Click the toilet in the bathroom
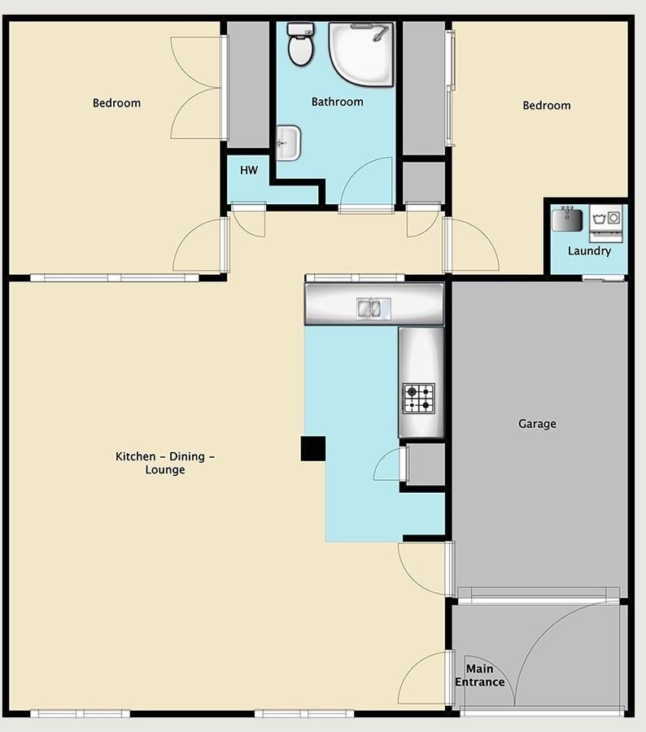point(300,45)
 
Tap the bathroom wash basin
point(288,143)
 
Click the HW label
point(249,171)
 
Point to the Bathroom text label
point(338,102)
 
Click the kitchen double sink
point(373,308)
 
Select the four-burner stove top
point(419,399)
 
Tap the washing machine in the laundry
point(606,223)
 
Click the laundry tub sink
point(567,220)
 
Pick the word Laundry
point(590,251)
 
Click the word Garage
point(537,424)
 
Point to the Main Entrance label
point(480,676)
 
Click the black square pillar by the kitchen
point(313,449)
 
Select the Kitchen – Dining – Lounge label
point(165,463)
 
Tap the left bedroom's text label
point(117,103)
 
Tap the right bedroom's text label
point(547,106)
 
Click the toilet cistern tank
point(300,29)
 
